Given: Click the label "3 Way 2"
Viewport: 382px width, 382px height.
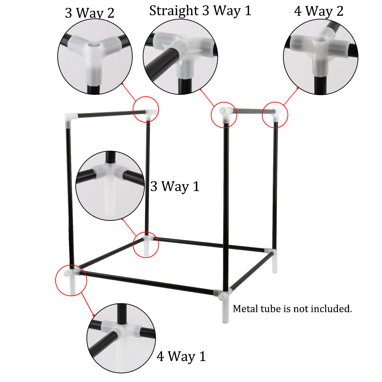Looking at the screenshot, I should (90, 13).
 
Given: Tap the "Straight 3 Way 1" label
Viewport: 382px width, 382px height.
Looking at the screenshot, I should (200, 11).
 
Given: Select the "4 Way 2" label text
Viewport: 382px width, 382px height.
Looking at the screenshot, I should (318, 11).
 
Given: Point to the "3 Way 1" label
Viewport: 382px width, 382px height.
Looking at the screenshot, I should (175, 186).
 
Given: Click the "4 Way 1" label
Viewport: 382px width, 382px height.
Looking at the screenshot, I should (181, 356).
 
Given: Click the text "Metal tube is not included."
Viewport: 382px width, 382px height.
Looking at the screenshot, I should (292, 308).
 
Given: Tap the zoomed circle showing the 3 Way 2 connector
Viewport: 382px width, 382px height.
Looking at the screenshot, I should (95, 57).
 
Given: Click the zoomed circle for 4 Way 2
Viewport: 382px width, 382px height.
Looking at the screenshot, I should (321, 57).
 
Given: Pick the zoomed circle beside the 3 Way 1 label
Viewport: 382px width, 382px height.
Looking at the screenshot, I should (110, 185).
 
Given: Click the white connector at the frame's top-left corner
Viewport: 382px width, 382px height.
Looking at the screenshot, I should (70, 118).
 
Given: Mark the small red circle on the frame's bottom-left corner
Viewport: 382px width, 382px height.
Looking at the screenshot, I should (71, 280).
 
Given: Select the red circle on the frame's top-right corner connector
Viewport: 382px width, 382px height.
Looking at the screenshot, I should (275, 114).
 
